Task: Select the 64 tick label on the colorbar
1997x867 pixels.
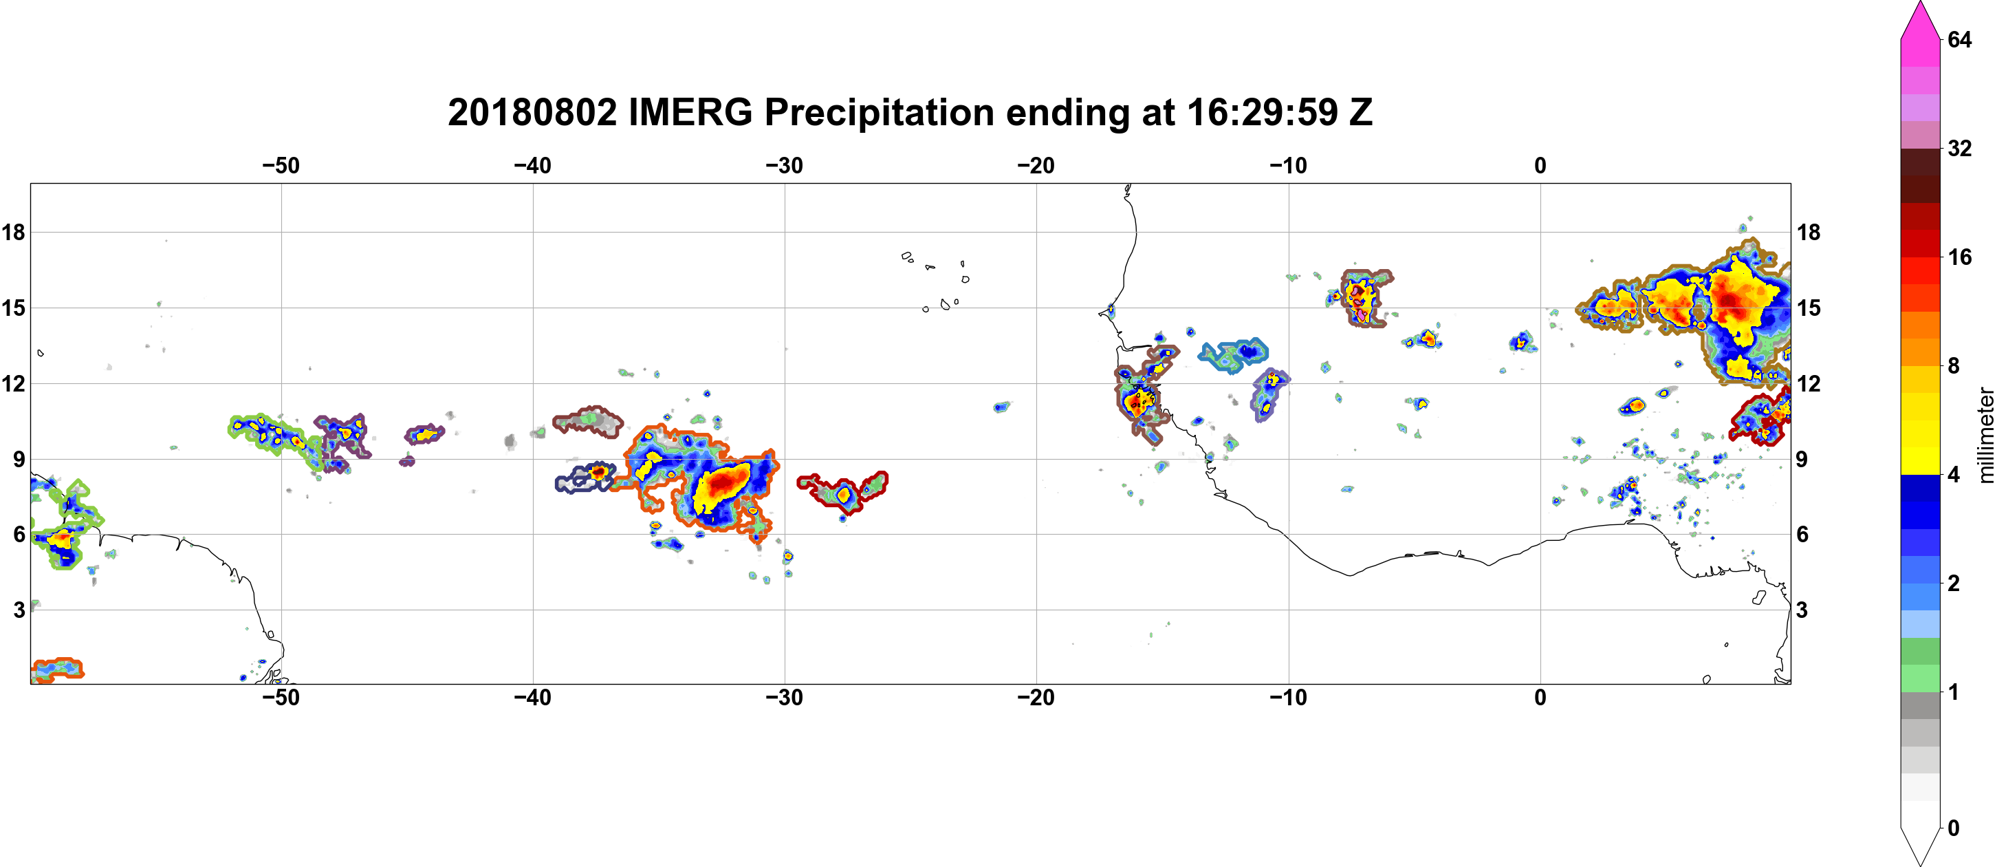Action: click(1959, 39)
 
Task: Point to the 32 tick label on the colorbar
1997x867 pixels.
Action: click(1959, 148)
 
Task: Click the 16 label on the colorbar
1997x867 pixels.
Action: click(1959, 257)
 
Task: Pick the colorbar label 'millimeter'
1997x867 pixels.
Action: click(1985, 435)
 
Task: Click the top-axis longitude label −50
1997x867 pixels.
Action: click(281, 165)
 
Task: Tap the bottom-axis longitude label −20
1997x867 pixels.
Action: click(1036, 697)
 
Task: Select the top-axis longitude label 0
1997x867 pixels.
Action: click(1540, 165)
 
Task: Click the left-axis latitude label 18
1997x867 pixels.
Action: click(13, 232)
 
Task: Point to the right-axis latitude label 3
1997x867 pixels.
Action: click(1802, 610)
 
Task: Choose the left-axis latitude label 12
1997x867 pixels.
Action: click(13, 383)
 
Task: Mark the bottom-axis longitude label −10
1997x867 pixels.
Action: click(1289, 697)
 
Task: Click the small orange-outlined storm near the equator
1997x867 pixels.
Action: click(56, 670)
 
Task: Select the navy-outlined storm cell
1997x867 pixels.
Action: click(585, 478)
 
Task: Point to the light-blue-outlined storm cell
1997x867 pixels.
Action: click(1234, 354)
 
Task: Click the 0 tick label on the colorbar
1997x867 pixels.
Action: click(1954, 828)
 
